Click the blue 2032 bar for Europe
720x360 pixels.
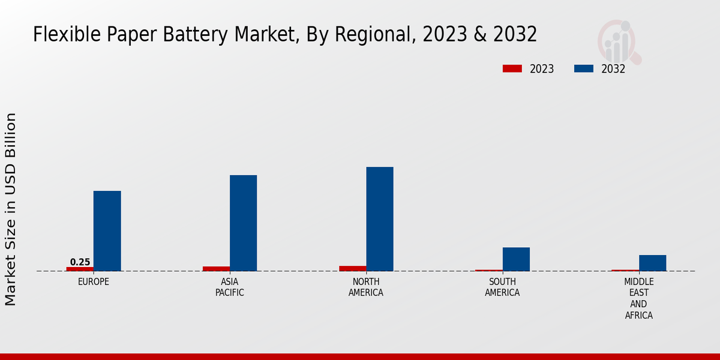click(x=107, y=231)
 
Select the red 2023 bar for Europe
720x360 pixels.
click(x=80, y=269)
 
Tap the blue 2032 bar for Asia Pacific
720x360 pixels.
click(x=243, y=223)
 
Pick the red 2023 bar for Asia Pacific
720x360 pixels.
click(x=216, y=269)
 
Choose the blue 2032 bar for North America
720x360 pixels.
click(x=380, y=219)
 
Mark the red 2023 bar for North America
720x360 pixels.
click(x=352, y=268)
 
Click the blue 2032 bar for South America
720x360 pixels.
click(x=516, y=259)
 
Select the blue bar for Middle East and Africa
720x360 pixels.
click(x=652, y=263)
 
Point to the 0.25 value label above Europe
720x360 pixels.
click(x=80, y=262)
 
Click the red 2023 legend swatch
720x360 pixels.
click(x=512, y=69)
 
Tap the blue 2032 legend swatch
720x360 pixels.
click(x=583, y=69)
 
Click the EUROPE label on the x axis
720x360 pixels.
click(x=94, y=281)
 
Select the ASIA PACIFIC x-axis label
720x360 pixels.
click(x=230, y=287)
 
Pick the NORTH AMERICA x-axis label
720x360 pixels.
click(x=366, y=287)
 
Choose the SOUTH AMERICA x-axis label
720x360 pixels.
click(x=502, y=287)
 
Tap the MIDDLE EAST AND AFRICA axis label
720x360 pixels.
click(x=639, y=298)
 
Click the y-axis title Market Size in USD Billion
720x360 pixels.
click(x=11, y=209)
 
